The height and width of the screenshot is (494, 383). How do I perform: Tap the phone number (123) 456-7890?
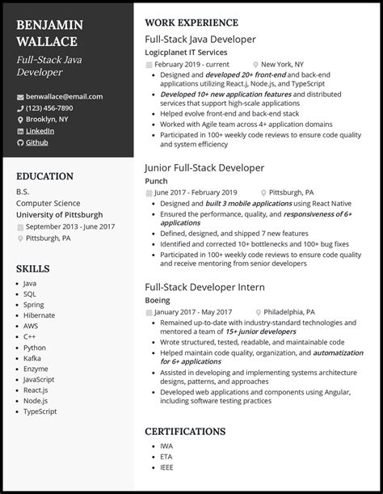tap(50, 108)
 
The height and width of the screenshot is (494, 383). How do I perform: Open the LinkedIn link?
tap(40, 130)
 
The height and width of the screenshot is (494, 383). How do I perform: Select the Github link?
tap(36, 142)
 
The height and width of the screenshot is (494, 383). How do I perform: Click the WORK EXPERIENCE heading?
tap(191, 23)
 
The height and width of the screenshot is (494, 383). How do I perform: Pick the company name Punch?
tap(157, 180)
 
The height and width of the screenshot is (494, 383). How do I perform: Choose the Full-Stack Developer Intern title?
tap(204, 286)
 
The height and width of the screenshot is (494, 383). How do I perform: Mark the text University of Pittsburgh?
tap(59, 215)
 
